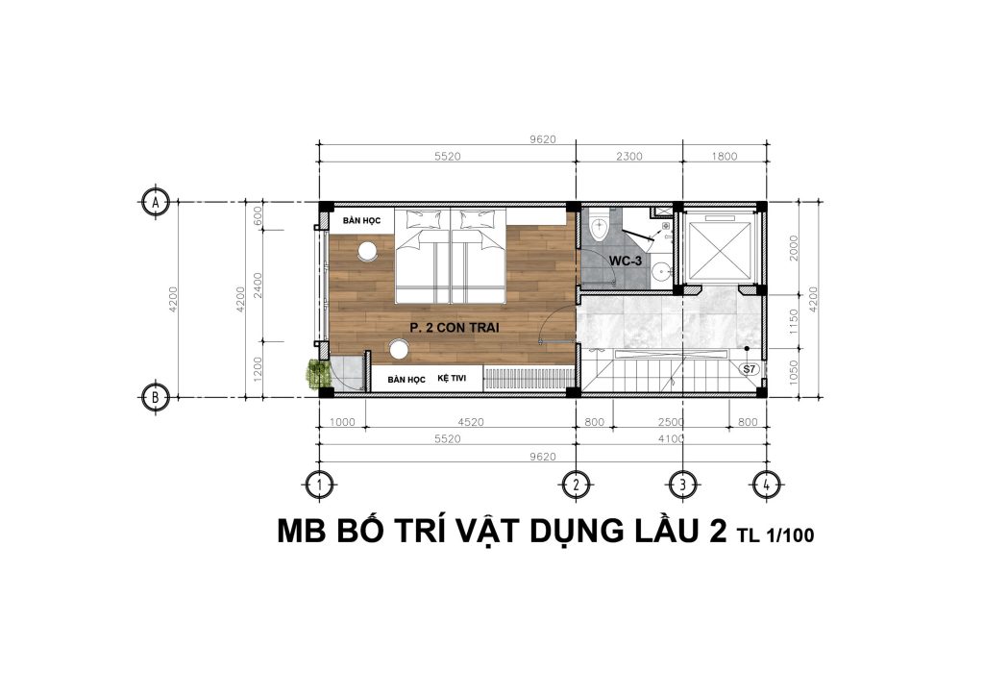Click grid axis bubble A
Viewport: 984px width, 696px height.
(155, 202)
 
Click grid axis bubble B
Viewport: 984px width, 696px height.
(155, 397)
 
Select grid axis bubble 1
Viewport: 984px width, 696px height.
(320, 485)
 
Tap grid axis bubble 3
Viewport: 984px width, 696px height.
(682, 485)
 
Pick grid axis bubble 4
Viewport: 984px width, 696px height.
(766, 485)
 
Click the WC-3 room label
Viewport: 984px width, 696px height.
(625, 261)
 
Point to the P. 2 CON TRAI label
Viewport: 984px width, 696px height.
(455, 328)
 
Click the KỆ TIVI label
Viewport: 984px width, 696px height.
(452, 379)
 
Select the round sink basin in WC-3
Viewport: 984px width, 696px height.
(659, 272)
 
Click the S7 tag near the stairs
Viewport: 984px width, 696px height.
(750, 369)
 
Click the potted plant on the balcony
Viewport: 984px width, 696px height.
(318, 374)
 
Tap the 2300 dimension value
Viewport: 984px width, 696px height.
(628, 157)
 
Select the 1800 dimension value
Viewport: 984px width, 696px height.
(725, 157)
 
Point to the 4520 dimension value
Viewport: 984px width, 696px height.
(471, 422)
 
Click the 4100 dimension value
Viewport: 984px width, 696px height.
(671, 439)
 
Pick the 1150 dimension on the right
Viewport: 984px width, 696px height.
(793, 322)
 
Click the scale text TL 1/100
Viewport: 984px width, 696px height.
(775, 534)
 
